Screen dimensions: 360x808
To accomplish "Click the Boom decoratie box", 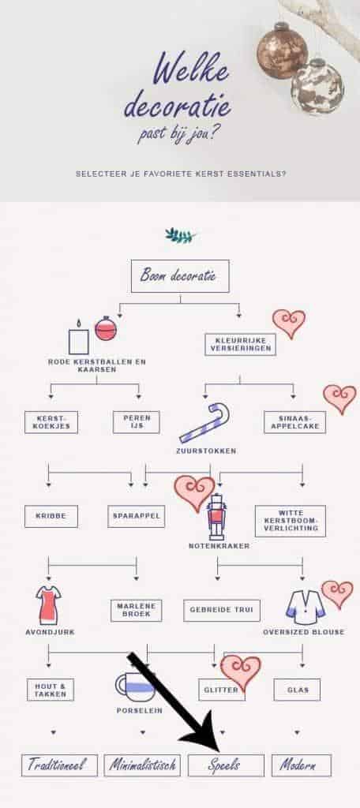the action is [180, 276].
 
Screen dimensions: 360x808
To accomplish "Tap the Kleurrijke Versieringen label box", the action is [240, 344].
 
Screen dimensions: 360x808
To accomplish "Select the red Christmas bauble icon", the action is [106, 328].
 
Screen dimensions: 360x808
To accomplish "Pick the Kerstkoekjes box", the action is [51, 422].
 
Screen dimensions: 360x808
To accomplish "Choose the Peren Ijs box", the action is [136, 422].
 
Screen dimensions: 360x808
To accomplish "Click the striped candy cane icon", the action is [204, 423].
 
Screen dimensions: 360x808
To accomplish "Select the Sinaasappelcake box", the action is [294, 422].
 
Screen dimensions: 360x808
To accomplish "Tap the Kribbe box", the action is [51, 516].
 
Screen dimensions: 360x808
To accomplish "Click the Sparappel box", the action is [136, 516].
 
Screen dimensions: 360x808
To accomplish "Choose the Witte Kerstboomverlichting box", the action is [291, 521].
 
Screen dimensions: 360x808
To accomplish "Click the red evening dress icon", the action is [48, 605].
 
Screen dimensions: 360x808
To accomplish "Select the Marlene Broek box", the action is [136, 610].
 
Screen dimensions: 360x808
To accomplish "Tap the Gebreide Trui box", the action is [222, 610].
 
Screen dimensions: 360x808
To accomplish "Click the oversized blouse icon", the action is [306, 607].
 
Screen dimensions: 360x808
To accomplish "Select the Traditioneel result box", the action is [59, 765].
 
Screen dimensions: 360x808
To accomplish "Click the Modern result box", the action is [302, 765].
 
